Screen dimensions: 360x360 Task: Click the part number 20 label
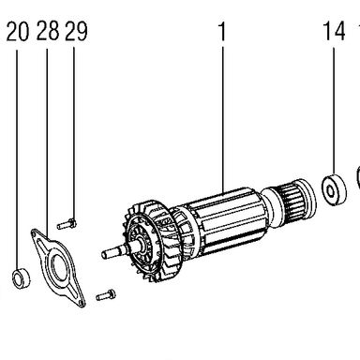(x=18, y=32)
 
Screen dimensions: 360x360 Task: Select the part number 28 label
(x=48, y=31)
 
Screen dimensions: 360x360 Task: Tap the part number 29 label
(x=76, y=31)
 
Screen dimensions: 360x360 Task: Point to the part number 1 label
(x=221, y=31)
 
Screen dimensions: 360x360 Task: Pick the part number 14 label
(x=334, y=31)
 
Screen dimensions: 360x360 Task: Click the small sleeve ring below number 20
(x=22, y=277)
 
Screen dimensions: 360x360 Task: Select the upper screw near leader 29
(x=67, y=224)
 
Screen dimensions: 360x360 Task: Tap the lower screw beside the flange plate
(x=106, y=294)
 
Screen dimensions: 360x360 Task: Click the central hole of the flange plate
(x=59, y=266)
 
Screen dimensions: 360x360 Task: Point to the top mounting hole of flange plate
(x=34, y=232)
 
